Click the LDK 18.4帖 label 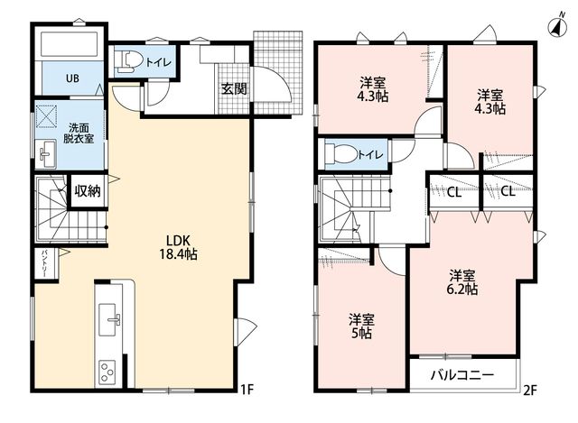point(178,247)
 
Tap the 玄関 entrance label point(234,88)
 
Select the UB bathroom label point(72,78)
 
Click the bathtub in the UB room point(69,45)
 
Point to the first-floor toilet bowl point(127,60)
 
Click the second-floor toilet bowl point(341,154)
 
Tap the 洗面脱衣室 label point(79,133)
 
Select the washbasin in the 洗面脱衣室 point(46,153)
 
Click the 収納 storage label point(88,191)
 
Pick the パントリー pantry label point(44,263)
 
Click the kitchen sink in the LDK point(109,319)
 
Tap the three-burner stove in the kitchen point(107,372)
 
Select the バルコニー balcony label point(462,375)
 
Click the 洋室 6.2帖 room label point(461,282)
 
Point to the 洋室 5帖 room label point(361,326)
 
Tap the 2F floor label point(530,390)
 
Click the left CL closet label point(454,192)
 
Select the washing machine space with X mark point(46,116)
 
